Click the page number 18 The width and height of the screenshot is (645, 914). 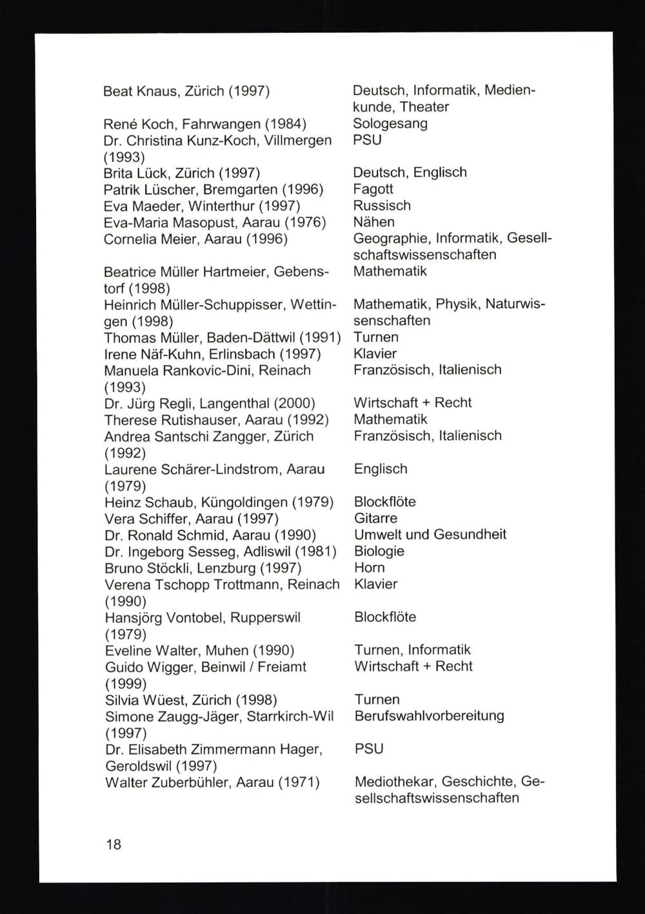pyautogui.click(x=113, y=844)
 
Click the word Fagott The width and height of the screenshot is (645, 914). pyautogui.click(x=373, y=189)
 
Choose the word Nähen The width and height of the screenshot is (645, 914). pyautogui.click(x=373, y=222)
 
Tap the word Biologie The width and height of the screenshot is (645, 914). pyautogui.click(x=379, y=551)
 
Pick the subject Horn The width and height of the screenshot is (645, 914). pyautogui.click(x=369, y=568)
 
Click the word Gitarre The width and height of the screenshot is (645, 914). pyautogui.click(x=375, y=518)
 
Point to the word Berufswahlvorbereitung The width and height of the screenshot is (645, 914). pyautogui.click(x=429, y=716)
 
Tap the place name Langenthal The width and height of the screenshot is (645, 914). pyautogui.click(x=235, y=404)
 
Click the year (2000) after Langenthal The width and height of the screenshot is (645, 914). pyautogui.click(x=295, y=404)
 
